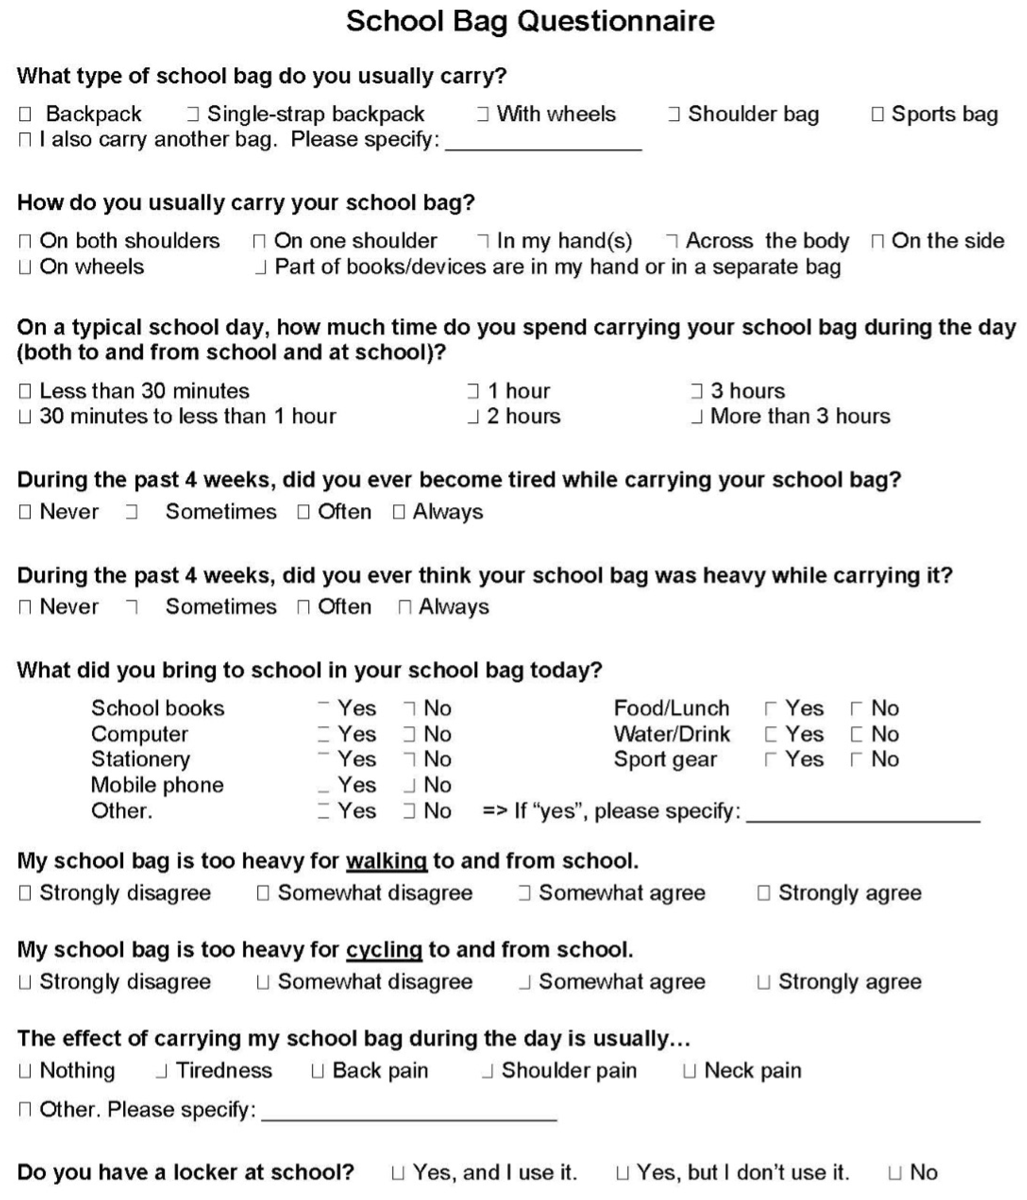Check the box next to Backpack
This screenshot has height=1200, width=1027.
point(25,114)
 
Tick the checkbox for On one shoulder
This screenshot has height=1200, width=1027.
point(259,241)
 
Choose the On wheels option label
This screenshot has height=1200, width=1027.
point(91,267)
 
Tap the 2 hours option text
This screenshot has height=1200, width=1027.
point(523,416)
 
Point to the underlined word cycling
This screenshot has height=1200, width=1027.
point(384,950)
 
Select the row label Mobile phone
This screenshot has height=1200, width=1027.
point(157,785)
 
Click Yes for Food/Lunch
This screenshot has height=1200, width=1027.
point(771,709)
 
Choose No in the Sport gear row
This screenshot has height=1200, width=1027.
point(856,760)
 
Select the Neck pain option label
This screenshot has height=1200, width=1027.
point(752,1071)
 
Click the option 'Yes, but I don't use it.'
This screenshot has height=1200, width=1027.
point(742,1173)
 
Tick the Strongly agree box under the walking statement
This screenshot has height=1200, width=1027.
point(764,893)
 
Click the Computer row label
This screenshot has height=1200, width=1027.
point(139,734)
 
